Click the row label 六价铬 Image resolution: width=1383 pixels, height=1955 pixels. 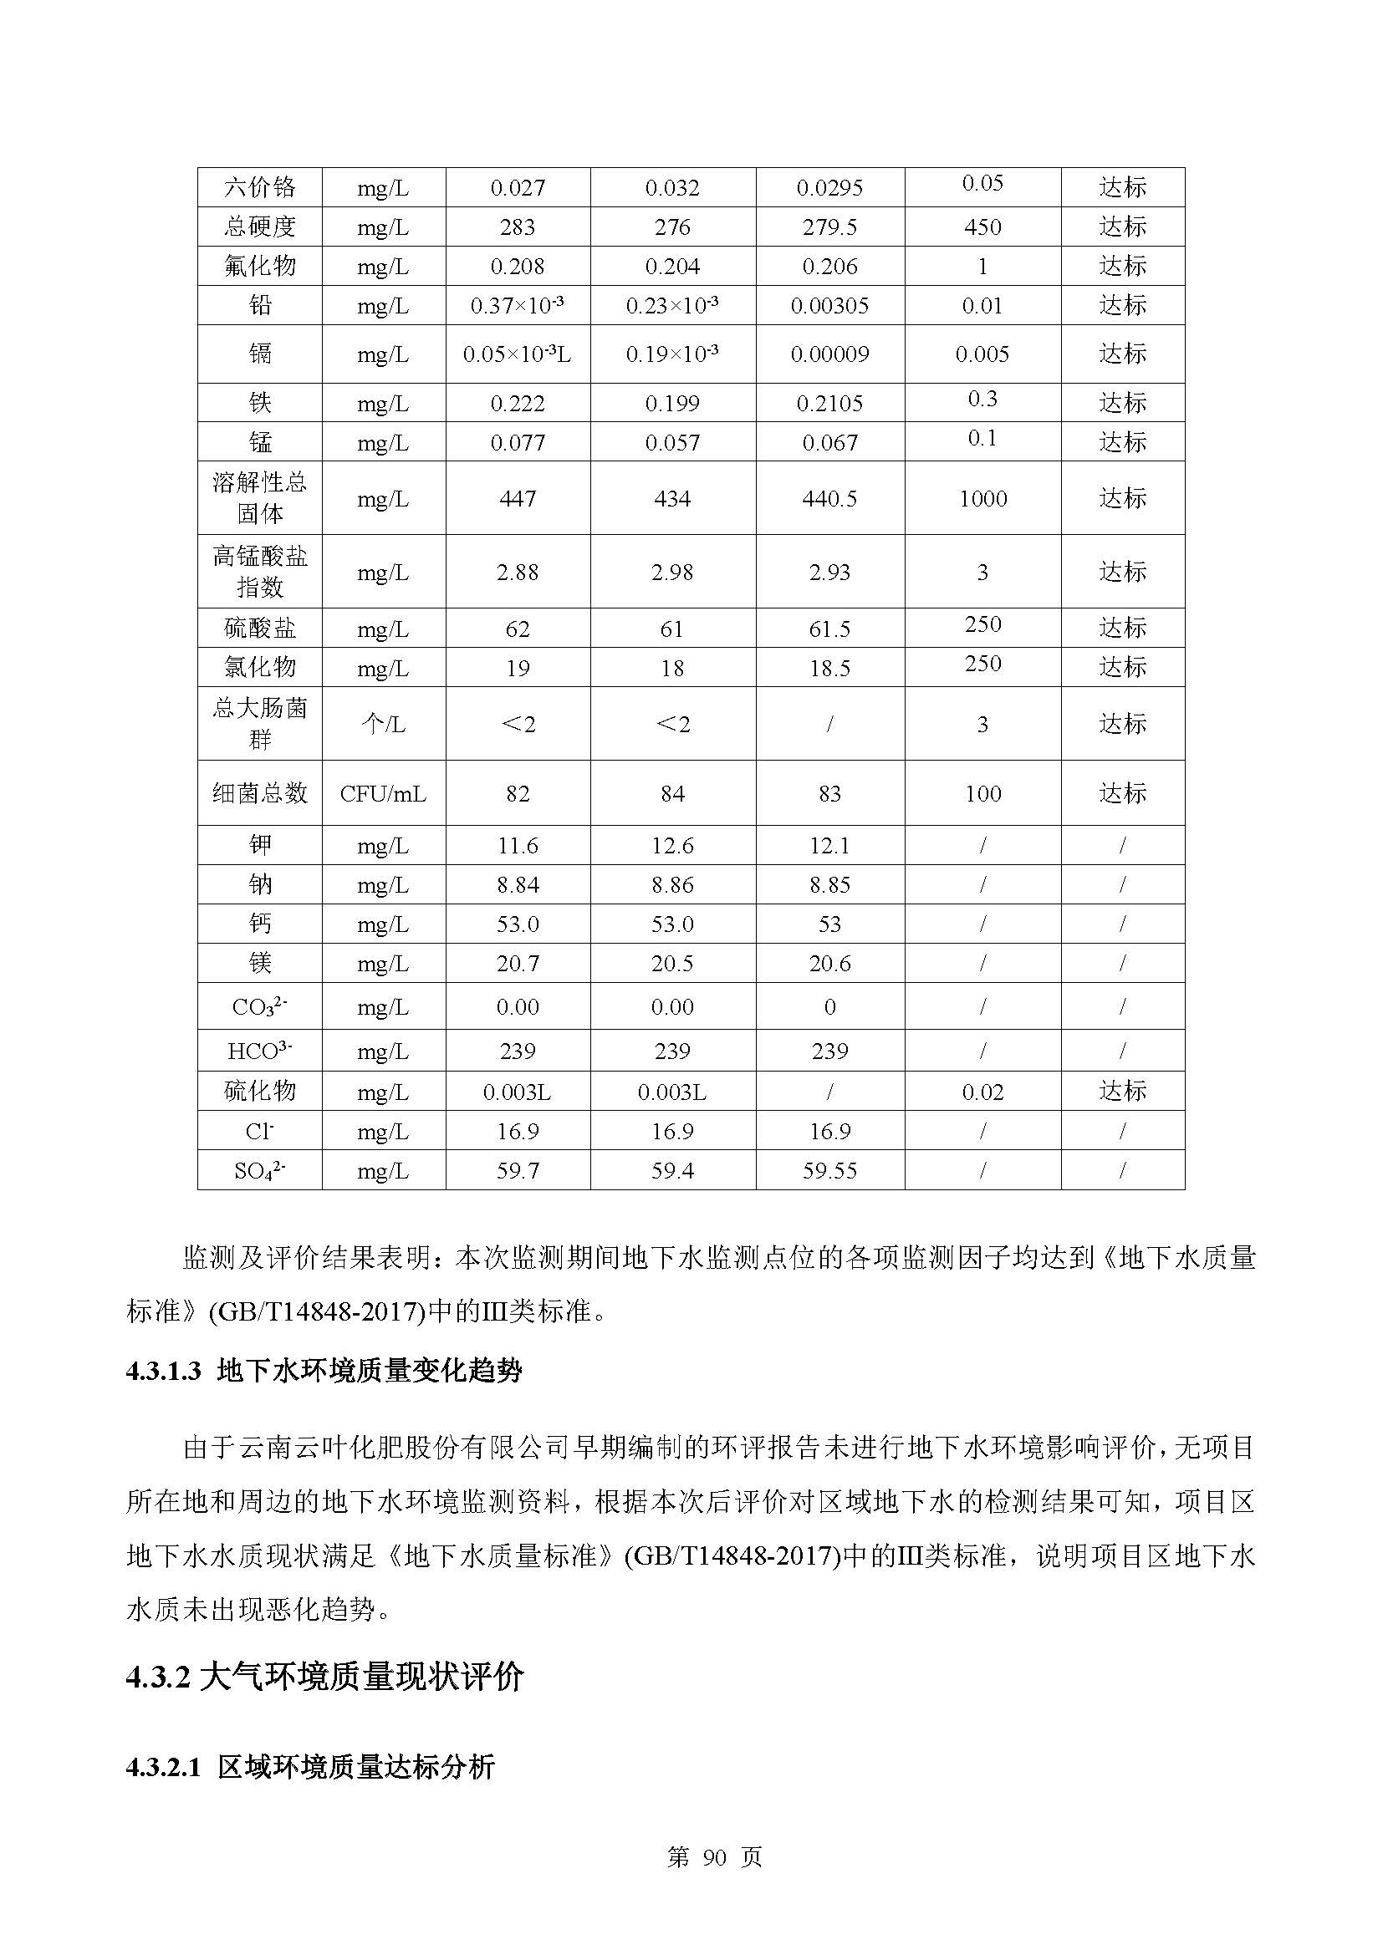coord(260,187)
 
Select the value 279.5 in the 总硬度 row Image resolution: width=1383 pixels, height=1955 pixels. coord(829,227)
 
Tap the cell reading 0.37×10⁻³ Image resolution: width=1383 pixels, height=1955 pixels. coord(517,306)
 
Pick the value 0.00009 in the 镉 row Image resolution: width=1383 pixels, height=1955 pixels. coord(829,354)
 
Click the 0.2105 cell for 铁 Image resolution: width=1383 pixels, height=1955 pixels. coord(829,404)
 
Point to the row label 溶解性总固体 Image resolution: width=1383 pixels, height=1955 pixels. coord(260,498)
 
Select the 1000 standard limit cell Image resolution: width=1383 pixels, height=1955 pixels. coord(982,499)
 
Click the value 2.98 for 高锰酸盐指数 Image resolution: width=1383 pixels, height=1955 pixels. coord(672,573)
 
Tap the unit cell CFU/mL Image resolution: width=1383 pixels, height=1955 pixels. coord(383,793)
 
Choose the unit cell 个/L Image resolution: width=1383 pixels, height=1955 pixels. coord(383,725)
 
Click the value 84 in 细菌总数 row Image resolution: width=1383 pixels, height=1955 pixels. coord(672,793)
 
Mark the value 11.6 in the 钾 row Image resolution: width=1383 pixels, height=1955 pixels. coord(517,846)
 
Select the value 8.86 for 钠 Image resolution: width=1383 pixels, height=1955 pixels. coord(672,885)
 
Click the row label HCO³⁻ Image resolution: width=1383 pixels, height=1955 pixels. coord(260,1051)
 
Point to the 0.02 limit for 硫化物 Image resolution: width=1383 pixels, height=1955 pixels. coord(982,1092)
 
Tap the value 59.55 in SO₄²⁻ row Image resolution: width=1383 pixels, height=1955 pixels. coord(829,1171)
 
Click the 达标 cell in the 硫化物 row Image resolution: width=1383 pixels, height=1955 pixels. coord(1122,1091)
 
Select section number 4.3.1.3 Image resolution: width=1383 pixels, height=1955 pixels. coord(164,1371)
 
